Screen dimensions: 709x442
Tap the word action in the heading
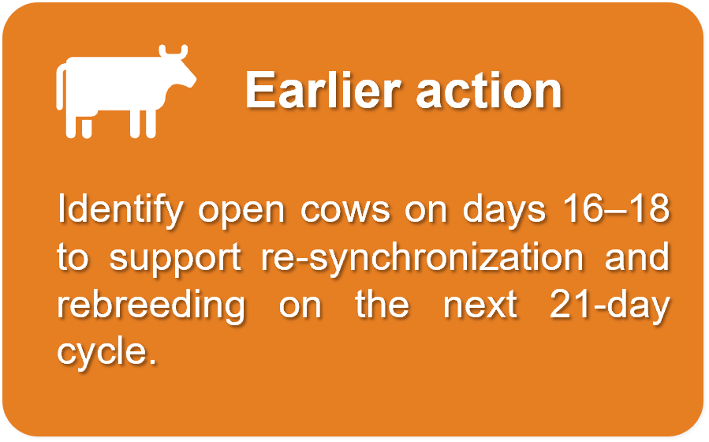click(489, 91)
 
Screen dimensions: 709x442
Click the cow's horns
click(174, 51)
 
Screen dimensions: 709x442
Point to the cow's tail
click(60, 87)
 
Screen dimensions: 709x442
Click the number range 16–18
click(616, 208)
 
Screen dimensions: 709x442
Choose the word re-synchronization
click(422, 258)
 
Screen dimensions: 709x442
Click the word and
click(636, 256)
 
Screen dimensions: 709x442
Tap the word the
click(382, 304)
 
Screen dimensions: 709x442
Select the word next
click(480, 305)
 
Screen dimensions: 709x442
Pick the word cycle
click(106, 354)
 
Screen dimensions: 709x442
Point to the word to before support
click(73, 258)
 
